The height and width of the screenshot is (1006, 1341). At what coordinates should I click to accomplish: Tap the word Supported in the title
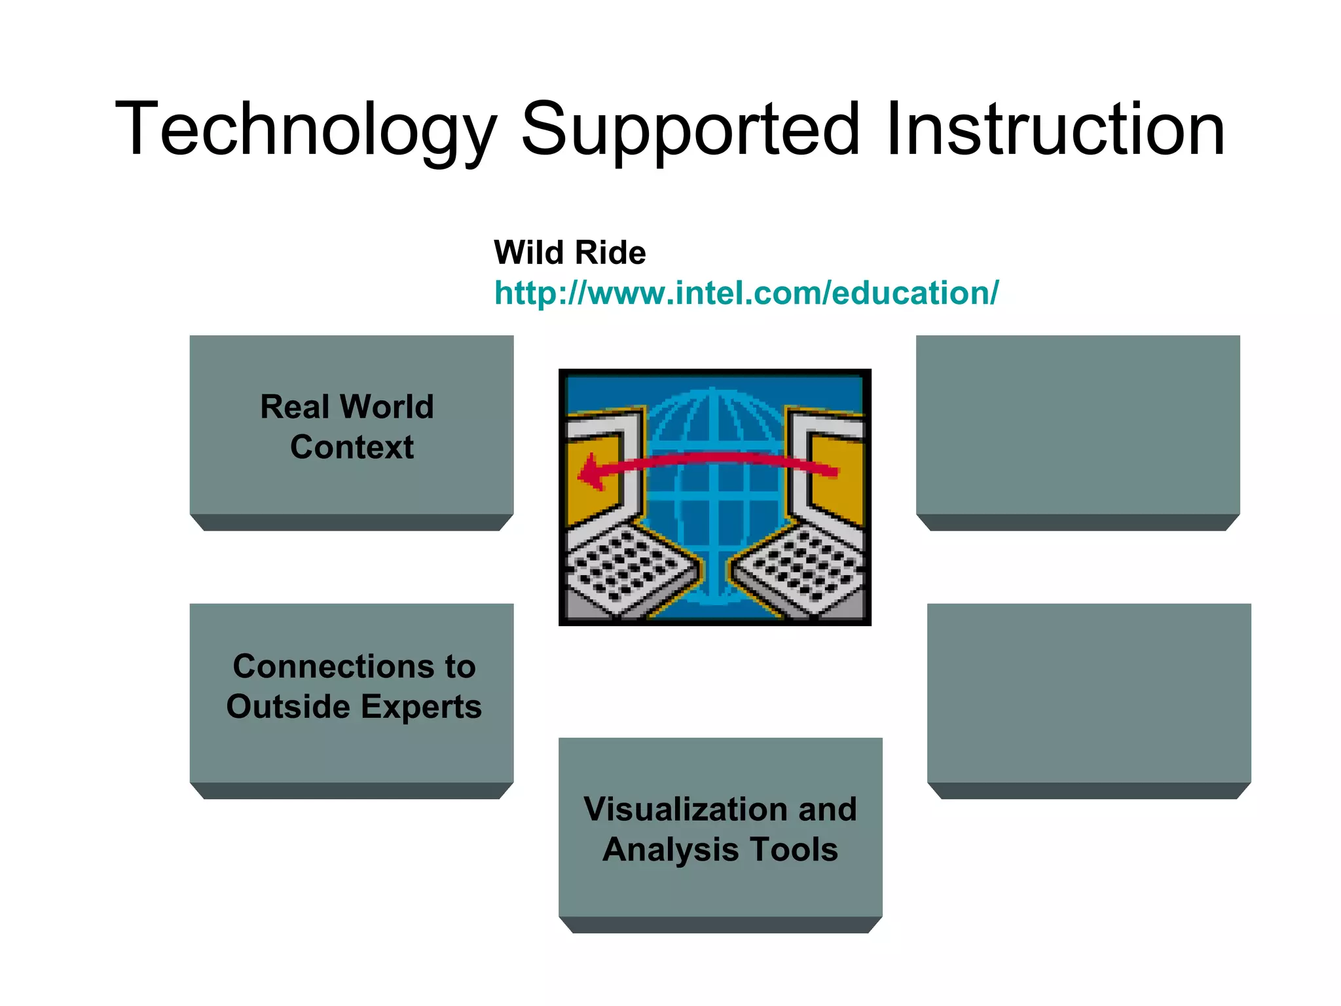tap(689, 129)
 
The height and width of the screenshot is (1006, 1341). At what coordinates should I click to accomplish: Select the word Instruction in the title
tap(1055, 129)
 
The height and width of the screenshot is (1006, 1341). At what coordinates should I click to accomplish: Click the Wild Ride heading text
tap(570, 253)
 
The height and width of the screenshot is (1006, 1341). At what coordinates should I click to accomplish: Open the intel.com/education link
tap(746, 293)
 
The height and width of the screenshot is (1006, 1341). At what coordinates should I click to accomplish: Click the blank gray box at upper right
tap(1078, 426)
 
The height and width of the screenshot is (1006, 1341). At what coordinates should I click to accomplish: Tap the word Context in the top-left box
tap(352, 447)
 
